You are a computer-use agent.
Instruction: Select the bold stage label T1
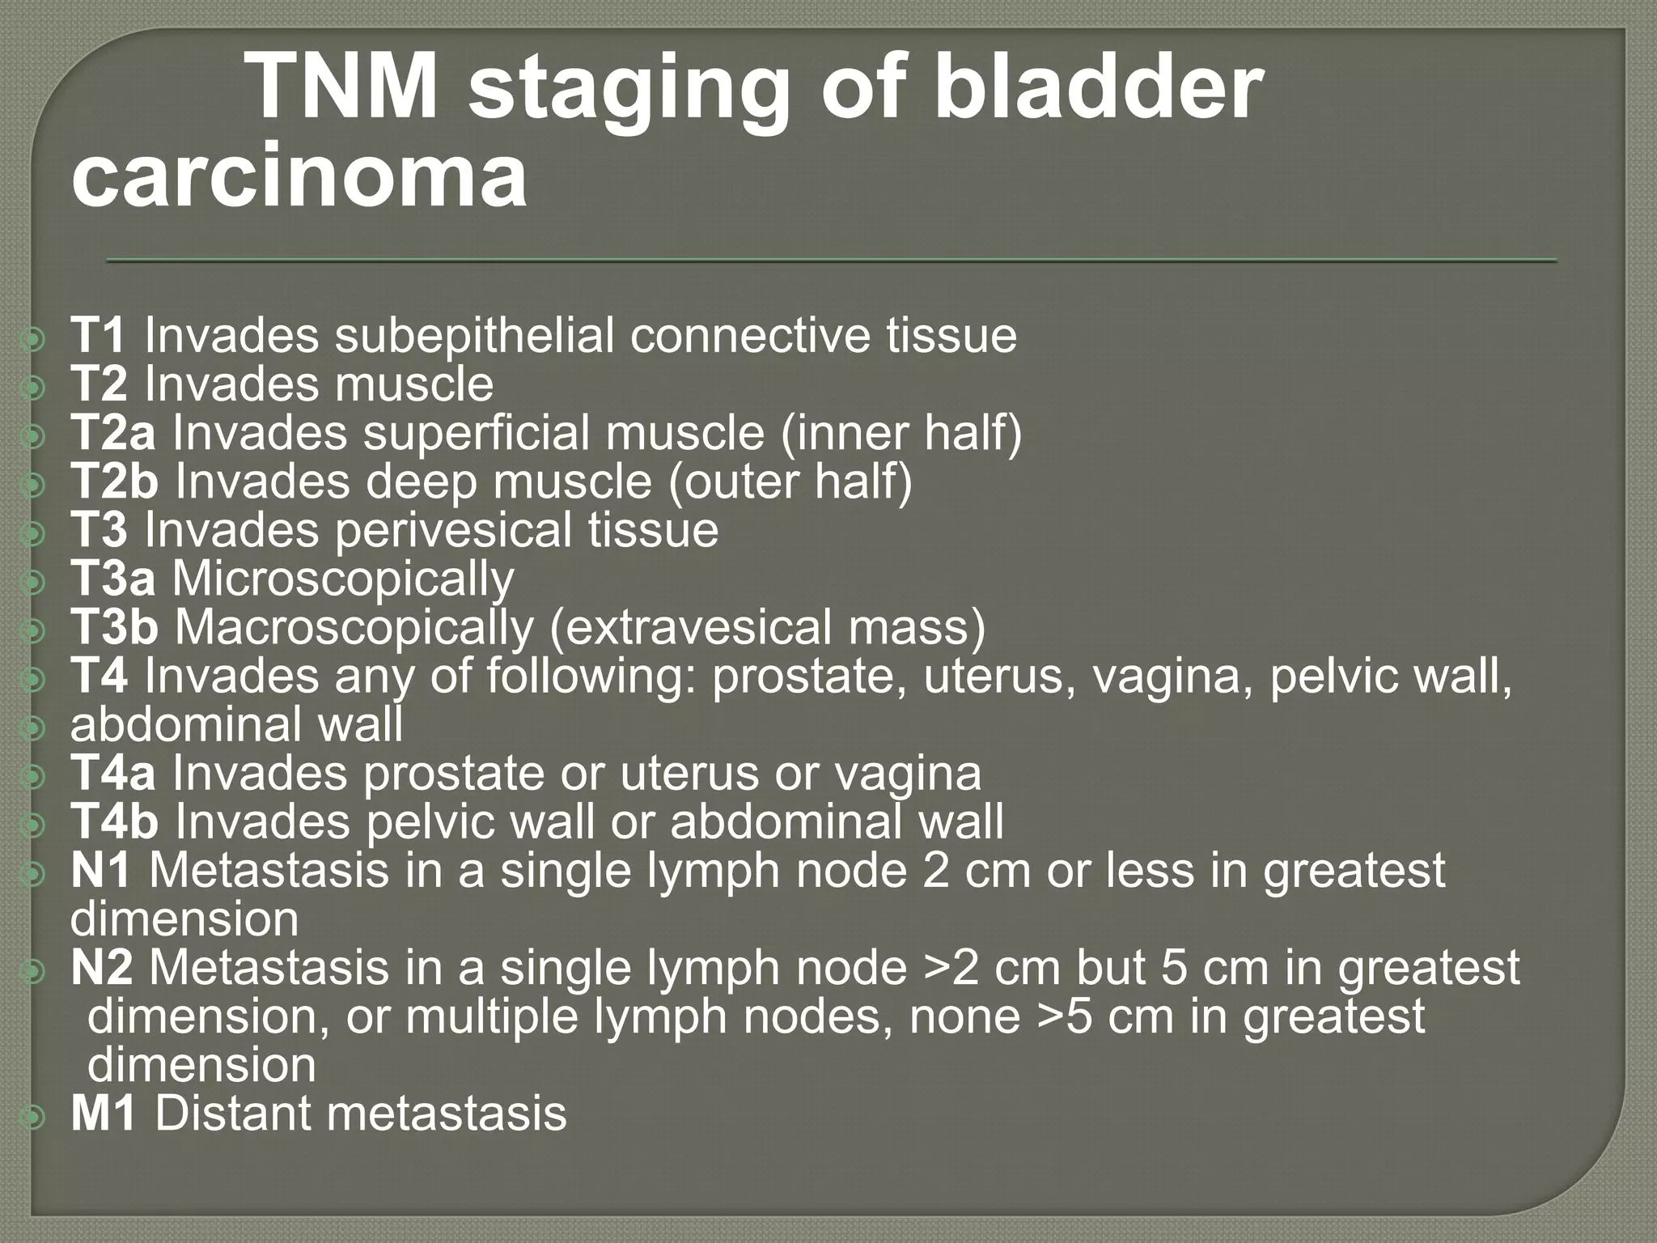tap(98, 336)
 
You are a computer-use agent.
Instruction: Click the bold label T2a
tap(112, 433)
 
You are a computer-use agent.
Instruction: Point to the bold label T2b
tap(114, 482)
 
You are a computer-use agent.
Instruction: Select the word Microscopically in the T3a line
tap(343, 579)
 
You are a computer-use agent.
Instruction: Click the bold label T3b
tap(114, 628)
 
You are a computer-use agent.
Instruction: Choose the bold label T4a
tap(112, 774)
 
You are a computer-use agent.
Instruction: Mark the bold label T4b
tap(114, 822)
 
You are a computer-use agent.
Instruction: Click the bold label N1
tap(101, 871)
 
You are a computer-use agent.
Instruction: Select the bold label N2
tap(101, 968)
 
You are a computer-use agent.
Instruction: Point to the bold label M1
tap(103, 1114)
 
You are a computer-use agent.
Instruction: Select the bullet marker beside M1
tap(35, 1118)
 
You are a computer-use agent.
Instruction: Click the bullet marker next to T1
tap(35, 341)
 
